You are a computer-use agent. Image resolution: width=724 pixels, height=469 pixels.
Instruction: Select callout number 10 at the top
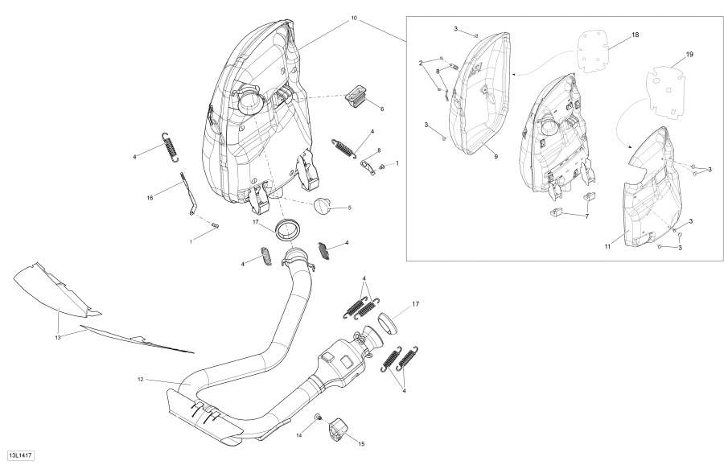click(x=353, y=18)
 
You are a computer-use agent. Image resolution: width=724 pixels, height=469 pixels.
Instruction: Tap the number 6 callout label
click(x=381, y=109)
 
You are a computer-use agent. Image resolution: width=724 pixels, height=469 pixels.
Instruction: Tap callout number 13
click(x=57, y=338)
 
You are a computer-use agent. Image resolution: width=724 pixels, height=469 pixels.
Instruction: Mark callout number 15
click(x=360, y=443)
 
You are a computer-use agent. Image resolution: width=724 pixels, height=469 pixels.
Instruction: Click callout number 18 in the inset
click(x=635, y=36)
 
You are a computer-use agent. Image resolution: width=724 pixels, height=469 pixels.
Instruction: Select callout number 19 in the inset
click(x=689, y=55)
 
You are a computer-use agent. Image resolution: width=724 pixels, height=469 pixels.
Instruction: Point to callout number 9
click(x=496, y=156)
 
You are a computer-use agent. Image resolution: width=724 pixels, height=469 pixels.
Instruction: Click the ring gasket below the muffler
click(x=286, y=228)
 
